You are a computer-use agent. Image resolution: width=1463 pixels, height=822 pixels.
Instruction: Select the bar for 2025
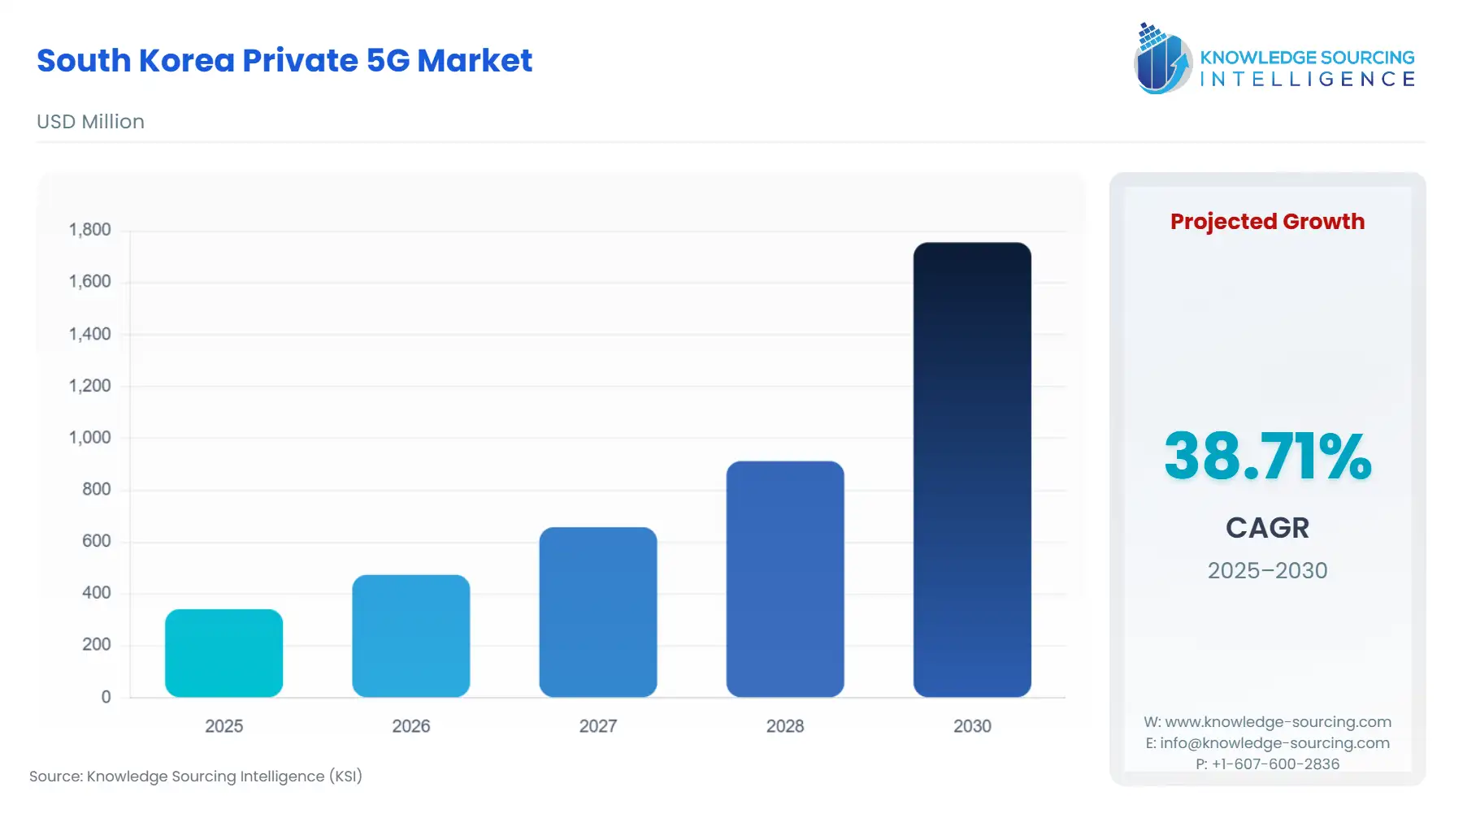[224, 653]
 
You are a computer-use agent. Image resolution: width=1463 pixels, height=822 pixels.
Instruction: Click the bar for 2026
[410, 636]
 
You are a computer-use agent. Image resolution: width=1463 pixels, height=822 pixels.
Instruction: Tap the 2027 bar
[597, 612]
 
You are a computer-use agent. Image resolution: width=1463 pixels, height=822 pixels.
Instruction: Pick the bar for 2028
[784, 579]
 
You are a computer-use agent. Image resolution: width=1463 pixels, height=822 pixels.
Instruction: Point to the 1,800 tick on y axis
[89, 230]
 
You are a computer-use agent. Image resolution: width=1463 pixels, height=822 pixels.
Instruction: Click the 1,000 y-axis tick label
[89, 438]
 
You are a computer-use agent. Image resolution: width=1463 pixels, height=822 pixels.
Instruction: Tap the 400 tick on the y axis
[96, 593]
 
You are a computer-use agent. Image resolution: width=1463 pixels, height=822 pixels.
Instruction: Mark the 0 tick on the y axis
[106, 697]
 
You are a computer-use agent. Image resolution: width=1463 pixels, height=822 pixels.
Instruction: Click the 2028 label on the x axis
[784, 726]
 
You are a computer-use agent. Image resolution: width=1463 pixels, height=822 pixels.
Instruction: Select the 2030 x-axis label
[971, 726]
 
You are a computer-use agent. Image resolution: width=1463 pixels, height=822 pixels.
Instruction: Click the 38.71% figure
[1267, 456]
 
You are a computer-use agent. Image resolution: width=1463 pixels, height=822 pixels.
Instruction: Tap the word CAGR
[1267, 528]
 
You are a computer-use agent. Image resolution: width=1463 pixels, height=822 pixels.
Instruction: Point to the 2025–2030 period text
[1267, 570]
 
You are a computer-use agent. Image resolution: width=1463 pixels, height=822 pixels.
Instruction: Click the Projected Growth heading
[1267, 222]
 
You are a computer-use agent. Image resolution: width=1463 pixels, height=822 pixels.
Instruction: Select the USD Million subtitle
[90, 122]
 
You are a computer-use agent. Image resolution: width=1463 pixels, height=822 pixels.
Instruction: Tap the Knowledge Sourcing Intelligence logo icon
[1162, 58]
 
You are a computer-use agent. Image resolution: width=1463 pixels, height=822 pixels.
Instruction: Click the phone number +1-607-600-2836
[1275, 764]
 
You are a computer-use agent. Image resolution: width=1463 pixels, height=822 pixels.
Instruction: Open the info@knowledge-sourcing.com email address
[1274, 742]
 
